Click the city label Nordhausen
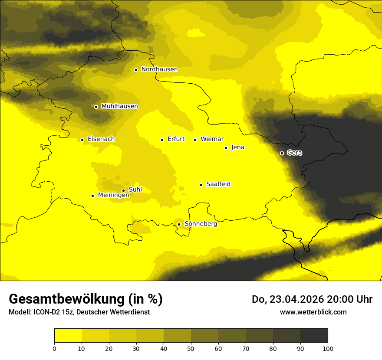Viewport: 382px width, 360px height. [x=159, y=69]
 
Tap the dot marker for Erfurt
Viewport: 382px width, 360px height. [x=162, y=140]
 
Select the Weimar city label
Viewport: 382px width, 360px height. [x=212, y=139]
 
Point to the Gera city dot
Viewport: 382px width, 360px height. [x=282, y=153]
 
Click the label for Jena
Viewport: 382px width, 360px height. [x=237, y=147]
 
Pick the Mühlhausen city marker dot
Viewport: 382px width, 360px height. [x=96, y=107]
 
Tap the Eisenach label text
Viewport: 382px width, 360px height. [x=101, y=139]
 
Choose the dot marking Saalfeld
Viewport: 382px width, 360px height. [x=201, y=185]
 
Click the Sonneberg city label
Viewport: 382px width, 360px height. [x=201, y=224]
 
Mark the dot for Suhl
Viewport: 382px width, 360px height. [x=123, y=190]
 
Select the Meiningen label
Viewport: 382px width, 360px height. [x=114, y=195]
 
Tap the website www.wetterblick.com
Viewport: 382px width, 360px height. [x=313, y=312]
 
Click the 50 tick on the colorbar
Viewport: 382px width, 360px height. [x=191, y=348]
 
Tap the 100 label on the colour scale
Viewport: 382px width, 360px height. [x=328, y=348]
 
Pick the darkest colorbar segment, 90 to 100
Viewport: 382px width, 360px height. [x=314, y=335]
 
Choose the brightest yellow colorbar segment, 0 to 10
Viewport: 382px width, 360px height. [x=68, y=335]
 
